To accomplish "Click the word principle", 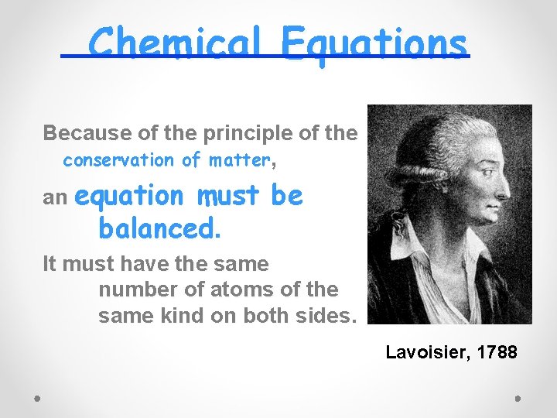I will click(241, 133).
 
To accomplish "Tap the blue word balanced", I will click(159, 228).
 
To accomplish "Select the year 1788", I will click(498, 353).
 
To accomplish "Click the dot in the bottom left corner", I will click(37, 398).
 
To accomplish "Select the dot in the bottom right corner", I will click(518, 398).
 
